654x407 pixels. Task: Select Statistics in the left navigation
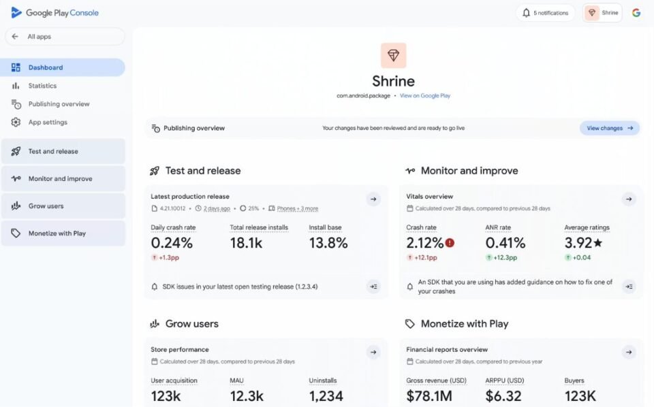coord(42,86)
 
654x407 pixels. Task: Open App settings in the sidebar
coord(48,123)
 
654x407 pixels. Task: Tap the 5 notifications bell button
coord(545,13)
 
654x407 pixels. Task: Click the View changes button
coord(610,128)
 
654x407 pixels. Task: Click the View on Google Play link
coord(425,96)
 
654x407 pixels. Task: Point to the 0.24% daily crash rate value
coord(172,243)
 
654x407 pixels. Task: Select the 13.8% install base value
coord(328,243)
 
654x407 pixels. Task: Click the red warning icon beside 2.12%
coord(450,243)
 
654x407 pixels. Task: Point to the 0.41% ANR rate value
coord(505,243)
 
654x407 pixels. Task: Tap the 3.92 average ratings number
coord(578,243)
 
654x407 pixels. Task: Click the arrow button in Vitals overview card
coord(629,199)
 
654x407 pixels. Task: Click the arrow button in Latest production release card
coord(373,199)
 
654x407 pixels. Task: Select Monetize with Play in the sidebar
coord(57,233)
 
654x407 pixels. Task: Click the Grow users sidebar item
coord(46,206)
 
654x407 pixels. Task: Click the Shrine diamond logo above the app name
coord(394,55)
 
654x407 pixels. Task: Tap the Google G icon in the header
coord(636,13)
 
